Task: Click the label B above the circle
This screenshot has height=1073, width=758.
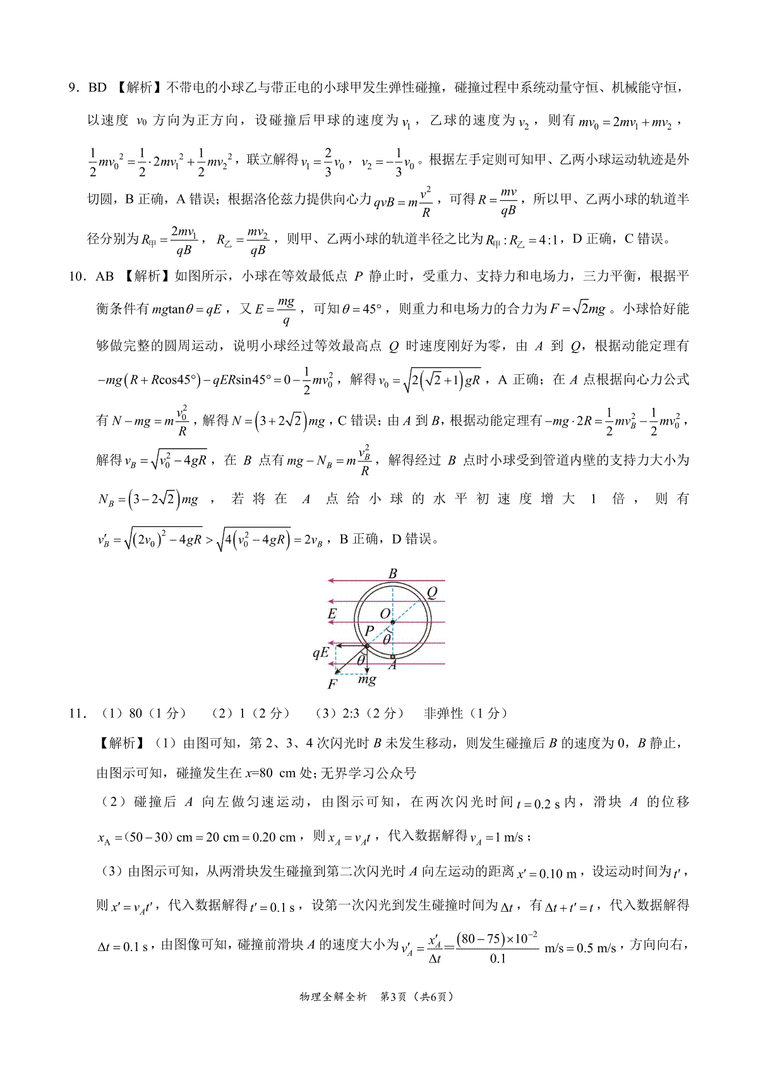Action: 393,573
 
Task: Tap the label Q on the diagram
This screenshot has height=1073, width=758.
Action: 432,592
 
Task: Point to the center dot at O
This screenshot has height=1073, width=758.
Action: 392,622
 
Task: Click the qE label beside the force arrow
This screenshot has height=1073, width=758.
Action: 321,652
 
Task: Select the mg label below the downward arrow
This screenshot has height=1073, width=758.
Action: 367,679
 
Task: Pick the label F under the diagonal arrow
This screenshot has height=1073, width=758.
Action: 332,684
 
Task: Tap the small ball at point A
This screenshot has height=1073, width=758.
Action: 392,657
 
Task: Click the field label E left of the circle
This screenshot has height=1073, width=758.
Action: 332,614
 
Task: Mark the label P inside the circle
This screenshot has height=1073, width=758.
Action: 370,631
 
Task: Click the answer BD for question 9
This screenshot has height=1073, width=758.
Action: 97,87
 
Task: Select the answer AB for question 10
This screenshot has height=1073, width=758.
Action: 105,276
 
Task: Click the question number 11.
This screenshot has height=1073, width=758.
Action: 78,713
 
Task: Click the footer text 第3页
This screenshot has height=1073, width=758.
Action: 392,997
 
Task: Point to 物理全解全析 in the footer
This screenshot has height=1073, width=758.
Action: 332,997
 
